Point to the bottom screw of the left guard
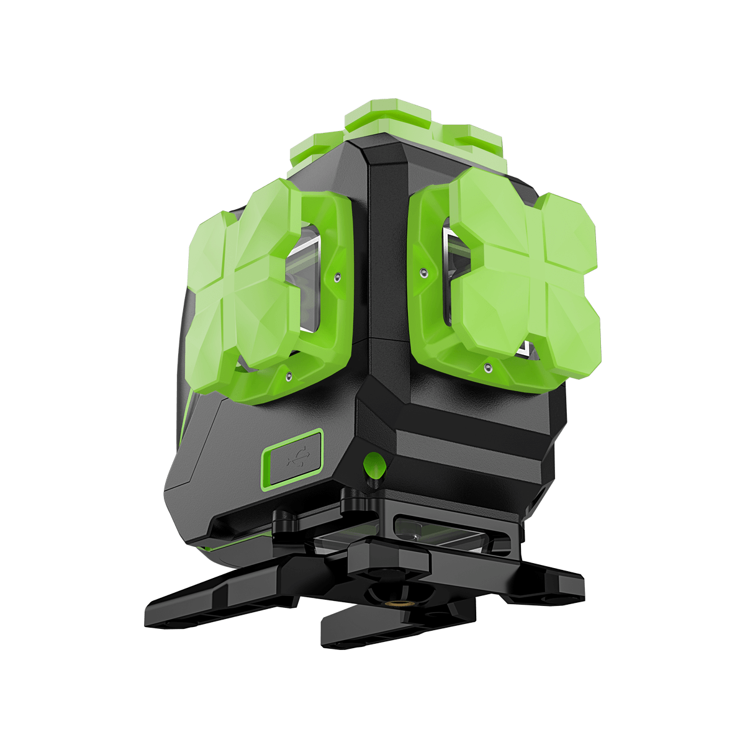pyautogui.click(x=287, y=376)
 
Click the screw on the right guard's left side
pyautogui.click(x=422, y=272)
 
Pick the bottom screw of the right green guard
pyautogui.click(x=488, y=368)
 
